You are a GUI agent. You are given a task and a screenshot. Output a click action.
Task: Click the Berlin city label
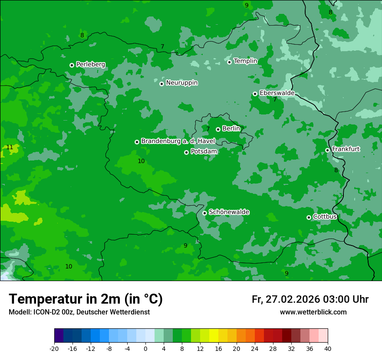click(x=231, y=128)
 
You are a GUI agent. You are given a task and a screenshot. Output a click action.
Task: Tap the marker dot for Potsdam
click(x=186, y=152)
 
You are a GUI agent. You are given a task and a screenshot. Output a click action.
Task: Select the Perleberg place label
click(x=90, y=65)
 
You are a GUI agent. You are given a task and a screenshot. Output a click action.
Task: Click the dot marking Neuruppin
click(x=161, y=84)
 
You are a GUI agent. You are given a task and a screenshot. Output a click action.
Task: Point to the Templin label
click(x=245, y=61)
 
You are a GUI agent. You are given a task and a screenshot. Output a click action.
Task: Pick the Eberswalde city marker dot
click(x=255, y=94)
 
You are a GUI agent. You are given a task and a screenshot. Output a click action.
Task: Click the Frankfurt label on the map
click(x=346, y=149)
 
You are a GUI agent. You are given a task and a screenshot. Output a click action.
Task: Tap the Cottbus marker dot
click(x=309, y=217)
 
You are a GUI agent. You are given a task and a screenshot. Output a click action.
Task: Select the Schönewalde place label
click(x=229, y=212)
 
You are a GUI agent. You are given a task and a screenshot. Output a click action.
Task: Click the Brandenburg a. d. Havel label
click(x=178, y=141)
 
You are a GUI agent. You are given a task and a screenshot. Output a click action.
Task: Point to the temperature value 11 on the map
click(x=10, y=147)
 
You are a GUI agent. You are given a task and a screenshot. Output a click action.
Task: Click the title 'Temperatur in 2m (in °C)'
click(x=86, y=299)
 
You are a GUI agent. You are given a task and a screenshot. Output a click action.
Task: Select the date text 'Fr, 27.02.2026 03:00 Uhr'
click(x=310, y=299)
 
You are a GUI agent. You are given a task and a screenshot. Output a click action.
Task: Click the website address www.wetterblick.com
click(x=313, y=312)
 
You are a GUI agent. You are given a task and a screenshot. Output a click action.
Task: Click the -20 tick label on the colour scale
click(x=54, y=348)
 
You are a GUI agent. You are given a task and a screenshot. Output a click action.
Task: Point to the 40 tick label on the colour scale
click(x=328, y=348)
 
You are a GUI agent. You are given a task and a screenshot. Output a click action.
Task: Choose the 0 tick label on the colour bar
click(x=145, y=348)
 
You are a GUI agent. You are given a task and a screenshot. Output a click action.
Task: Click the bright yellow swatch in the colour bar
click(x=214, y=336)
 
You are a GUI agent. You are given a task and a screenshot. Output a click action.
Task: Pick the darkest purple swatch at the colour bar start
click(x=59, y=336)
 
